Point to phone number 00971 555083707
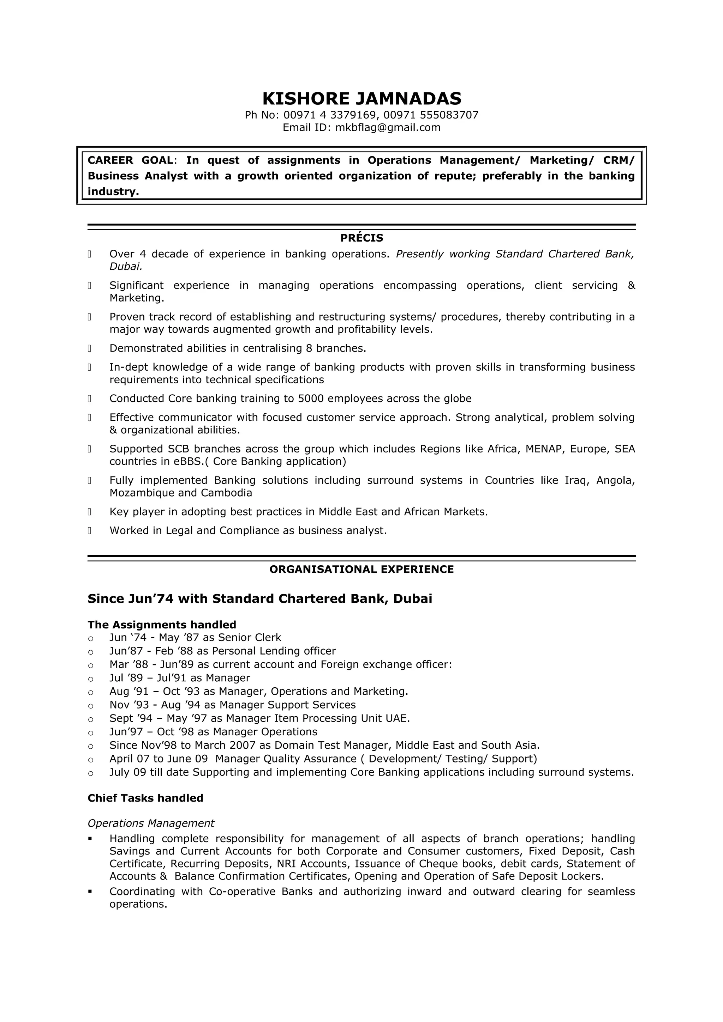430,115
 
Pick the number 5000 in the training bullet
311,399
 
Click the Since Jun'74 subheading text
260,599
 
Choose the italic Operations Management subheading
151,823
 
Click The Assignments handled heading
162,625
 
